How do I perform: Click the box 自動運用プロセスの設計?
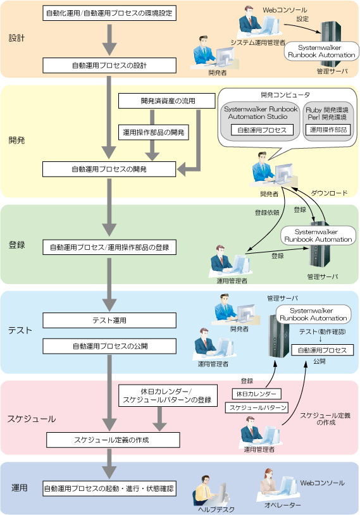[x=109, y=65]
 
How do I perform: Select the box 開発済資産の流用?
[x=167, y=101]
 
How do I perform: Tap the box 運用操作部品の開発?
[x=153, y=132]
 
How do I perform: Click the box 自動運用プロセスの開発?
[x=109, y=169]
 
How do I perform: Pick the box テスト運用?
[x=109, y=320]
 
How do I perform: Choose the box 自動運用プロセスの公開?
[x=109, y=346]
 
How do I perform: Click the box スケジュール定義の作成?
[x=113, y=440]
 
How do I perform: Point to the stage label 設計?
[x=16, y=38]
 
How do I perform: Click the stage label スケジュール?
[x=32, y=419]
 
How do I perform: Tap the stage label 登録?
[x=16, y=245]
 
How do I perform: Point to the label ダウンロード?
[x=329, y=193]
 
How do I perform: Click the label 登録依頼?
[x=267, y=213]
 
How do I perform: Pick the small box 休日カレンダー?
[x=256, y=394]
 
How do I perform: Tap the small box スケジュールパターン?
[x=256, y=407]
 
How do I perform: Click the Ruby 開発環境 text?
[x=327, y=110]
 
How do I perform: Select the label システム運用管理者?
[x=258, y=42]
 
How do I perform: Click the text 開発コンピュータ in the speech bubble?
[x=285, y=95]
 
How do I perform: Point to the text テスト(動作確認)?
[x=322, y=332]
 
